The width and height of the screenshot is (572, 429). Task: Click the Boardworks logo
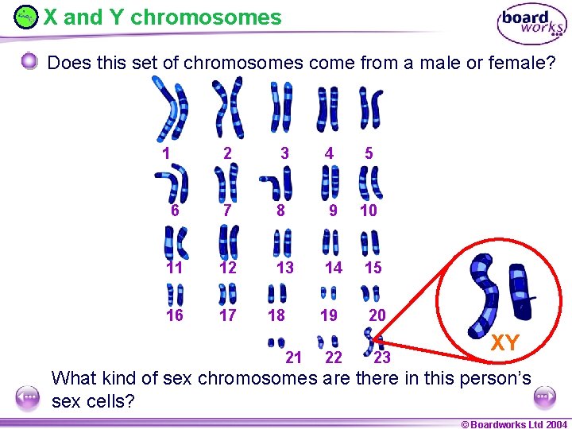tap(531, 25)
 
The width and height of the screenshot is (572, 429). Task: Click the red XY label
tap(505, 343)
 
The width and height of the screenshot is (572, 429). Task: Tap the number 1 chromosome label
tap(166, 153)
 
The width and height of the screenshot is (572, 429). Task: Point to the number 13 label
tap(285, 268)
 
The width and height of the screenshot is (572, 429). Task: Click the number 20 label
tap(377, 315)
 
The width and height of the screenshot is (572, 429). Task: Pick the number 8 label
tap(280, 211)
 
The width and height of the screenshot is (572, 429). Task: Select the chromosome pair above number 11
tap(176, 242)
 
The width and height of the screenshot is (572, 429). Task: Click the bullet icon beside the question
tap(29, 62)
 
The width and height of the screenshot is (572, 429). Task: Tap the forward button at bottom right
tap(544, 396)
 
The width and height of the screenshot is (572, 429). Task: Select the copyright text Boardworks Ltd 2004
tap(515, 424)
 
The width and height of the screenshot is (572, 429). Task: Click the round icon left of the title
tap(26, 17)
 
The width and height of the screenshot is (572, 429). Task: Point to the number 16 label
tap(175, 315)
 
